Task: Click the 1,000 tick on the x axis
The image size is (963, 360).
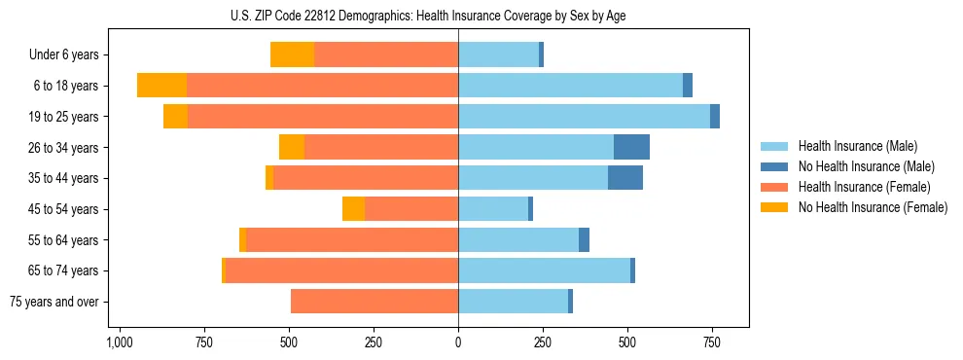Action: pyautogui.click(x=120, y=342)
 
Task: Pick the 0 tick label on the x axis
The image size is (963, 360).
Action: pyautogui.click(x=458, y=342)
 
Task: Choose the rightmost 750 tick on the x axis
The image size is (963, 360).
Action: pyautogui.click(x=712, y=342)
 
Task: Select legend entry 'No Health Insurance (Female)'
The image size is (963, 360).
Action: pyautogui.click(x=873, y=207)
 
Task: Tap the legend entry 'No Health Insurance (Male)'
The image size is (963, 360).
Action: pyautogui.click(x=866, y=166)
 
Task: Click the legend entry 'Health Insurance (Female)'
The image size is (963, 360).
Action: pyautogui.click(x=864, y=187)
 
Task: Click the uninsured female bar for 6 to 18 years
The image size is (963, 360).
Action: pyautogui.click(x=161, y=86)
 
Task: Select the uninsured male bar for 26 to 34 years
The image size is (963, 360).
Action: pyautogui.click(x=631, y=147)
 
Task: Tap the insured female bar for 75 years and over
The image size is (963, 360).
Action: pyautogui.click(x=374, y=302)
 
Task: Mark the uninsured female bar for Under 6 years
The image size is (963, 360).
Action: pyautogui.click(x=292, y=55)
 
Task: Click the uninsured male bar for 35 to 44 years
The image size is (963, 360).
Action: pyautogui.click(x=625, y=178)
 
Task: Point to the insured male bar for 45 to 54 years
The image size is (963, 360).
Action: pyautogui.click(x=493, y=209)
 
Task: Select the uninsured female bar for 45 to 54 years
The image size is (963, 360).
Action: pyautogui.click(x=353, y=209)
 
